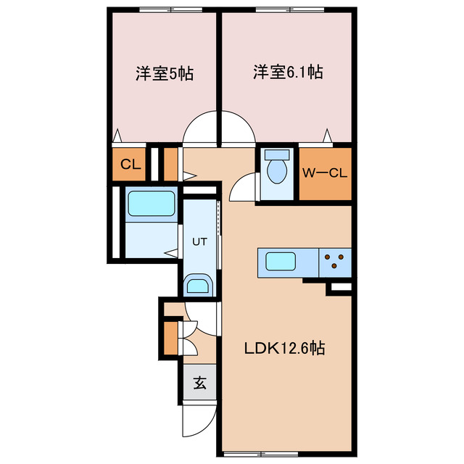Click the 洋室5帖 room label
(164, 73)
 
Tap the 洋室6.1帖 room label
(288, 72)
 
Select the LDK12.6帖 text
(283, 349)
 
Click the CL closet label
(130, 165)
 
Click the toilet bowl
(276, 173)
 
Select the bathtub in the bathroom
(152, 203)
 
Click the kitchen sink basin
(278, 261)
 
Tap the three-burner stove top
(334, 261)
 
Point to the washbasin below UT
(198, 285)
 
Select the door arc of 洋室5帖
(200, 131)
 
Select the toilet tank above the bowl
(276, 154)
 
